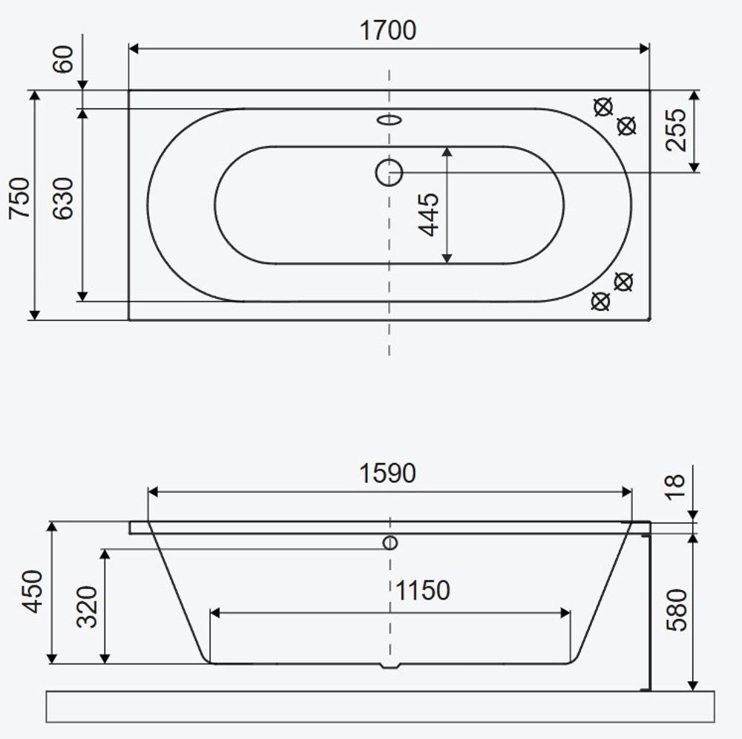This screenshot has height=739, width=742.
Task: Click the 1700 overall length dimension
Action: pyautogui.click(x=387, y=30)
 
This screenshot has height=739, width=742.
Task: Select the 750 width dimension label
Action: pyautogui.click(x=20, y=198)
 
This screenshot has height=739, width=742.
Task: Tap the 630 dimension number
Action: pyautogui.click(x=63, y=198)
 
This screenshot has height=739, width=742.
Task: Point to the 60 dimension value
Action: pyautogui.click(x=63, y=59)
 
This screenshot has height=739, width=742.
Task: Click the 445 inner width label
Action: pyautogui.click(x=429, y=214)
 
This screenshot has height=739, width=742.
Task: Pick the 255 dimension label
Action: pyautogui.click(x=676, y=130)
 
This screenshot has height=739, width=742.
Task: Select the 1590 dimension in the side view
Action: pyautogui.click(x=387, y=473)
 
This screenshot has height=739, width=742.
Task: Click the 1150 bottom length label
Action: pyautogui.click(x=422, y=591)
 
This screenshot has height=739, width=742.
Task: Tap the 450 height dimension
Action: pyautogui.click(x=33, y=591)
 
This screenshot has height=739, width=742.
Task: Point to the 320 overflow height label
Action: pyautogui.click(x=87, y=607)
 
